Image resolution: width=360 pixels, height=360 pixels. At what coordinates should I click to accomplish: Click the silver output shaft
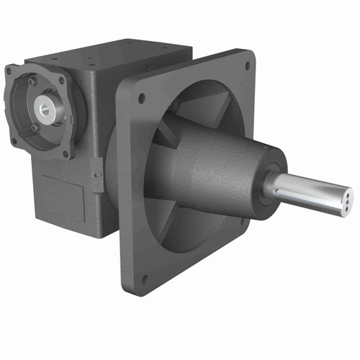(x=310, y=189)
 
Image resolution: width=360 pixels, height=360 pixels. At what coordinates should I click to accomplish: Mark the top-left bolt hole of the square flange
(x=141, y=97)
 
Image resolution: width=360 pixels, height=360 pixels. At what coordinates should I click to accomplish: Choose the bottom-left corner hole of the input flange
(x=14, y=141)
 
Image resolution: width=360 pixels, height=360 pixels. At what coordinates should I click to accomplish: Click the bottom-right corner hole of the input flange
(x=66, y=153)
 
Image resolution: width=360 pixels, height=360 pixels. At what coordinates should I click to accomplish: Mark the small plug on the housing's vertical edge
(x=96, y=172)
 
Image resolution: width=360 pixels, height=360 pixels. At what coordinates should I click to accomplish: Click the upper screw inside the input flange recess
(x=32, y=84)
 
